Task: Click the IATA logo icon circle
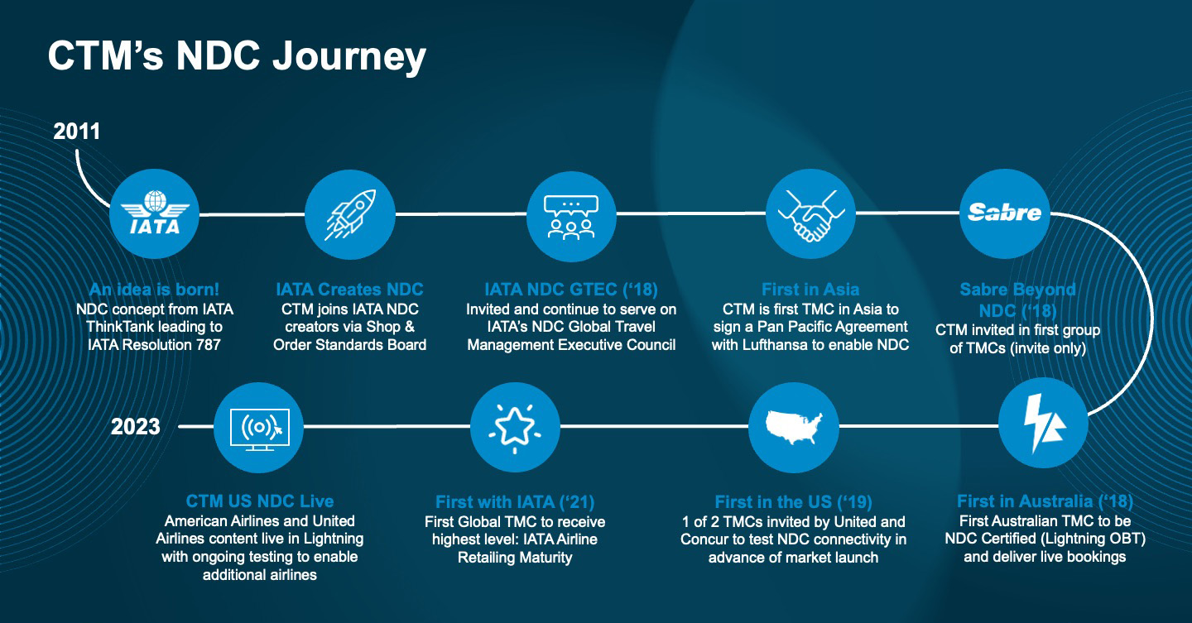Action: point(155,214)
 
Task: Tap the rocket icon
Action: point(349,214)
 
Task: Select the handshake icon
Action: point(810,214)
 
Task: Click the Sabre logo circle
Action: point(1004,214)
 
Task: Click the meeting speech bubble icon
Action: point(571,214)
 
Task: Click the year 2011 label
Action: point(76,131)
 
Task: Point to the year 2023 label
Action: point(135,427)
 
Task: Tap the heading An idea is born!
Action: point(155,290)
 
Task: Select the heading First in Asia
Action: point(810,290)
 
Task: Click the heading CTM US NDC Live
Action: point(259,501)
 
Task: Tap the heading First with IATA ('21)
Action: point(514,502)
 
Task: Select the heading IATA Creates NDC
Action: point(349,290)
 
